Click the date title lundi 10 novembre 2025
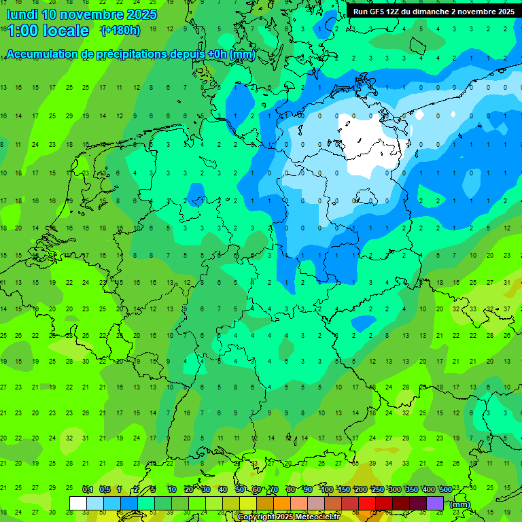82,14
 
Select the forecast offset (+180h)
120,31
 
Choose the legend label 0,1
88,490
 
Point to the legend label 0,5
105,490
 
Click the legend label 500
445,490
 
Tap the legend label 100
327,490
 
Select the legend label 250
378,490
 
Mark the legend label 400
429,490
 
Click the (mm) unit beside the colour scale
460,504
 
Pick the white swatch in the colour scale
78,503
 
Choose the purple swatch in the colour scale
435,503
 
